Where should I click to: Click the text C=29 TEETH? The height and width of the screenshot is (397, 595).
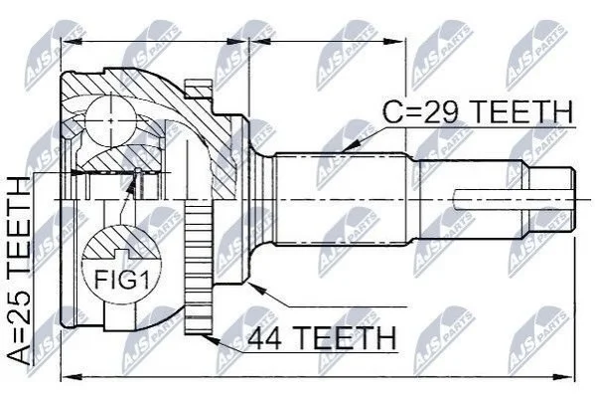coord(478,111)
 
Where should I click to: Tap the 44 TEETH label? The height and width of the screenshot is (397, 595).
coord(322,337)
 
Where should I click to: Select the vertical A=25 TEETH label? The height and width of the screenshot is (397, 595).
coord(19,271)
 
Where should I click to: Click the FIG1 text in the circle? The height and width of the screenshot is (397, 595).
coord(122,280)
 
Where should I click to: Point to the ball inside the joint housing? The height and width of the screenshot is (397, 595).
coord(110,120)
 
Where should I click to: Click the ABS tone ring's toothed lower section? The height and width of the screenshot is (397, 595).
coord(198,270)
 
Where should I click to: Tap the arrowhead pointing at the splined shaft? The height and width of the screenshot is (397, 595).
coord(352,145)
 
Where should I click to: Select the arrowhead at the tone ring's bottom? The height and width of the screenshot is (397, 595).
coord(211,339)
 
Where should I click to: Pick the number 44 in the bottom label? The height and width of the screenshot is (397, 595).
coord(265,338)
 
